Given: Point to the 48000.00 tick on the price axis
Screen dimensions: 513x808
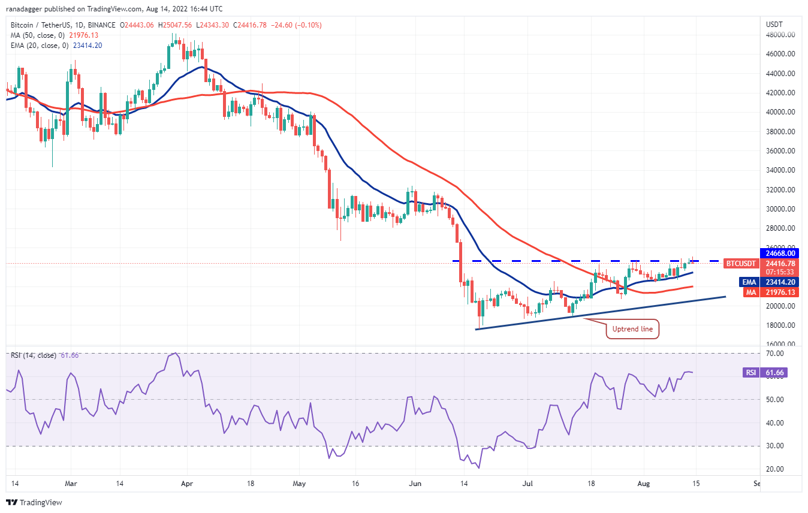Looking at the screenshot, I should click(x=780, y=35).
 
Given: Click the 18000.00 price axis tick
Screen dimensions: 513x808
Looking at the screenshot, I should click(x=780, y=325).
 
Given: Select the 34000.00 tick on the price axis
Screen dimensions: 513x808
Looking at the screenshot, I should click(x=780, y=170).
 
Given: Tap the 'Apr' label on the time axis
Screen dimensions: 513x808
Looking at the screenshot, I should click(x=186, y=482).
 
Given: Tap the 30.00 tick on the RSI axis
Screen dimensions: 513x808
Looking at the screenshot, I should click(x=776, y=446).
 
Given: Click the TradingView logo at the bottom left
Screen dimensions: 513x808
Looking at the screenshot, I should click(x=34, y=502).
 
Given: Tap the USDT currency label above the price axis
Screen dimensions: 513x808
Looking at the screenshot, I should click(x=775, y=24).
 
